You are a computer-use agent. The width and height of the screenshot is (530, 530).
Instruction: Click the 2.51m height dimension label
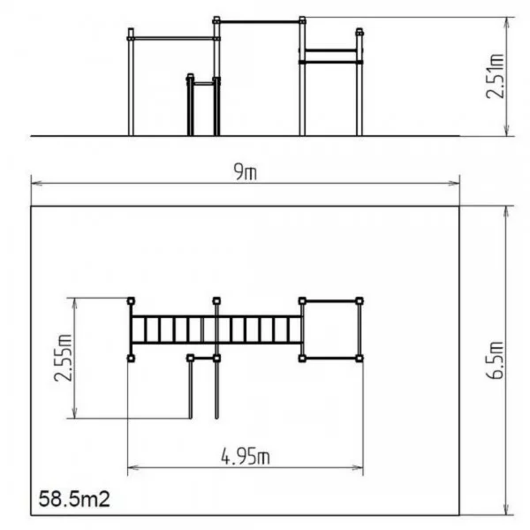pos(495,76)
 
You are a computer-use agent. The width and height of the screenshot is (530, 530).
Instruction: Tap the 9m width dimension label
pos(246,171)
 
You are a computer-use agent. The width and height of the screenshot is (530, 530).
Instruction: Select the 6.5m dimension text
pos(495,360)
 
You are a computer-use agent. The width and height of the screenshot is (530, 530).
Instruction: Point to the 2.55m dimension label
pos(63,358)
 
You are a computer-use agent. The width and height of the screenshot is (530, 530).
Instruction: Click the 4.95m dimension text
pos(246,457)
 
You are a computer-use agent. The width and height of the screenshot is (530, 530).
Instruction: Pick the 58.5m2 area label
pos(74,499)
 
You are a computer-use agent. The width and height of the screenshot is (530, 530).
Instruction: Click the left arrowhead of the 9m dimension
pos(36,183)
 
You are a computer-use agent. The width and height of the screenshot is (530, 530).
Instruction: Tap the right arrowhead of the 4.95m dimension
pos(358,468)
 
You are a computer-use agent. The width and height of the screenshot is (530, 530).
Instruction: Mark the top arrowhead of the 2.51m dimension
pos(506,23)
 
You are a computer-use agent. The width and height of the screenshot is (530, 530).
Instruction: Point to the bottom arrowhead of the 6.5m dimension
pos(506,510)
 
